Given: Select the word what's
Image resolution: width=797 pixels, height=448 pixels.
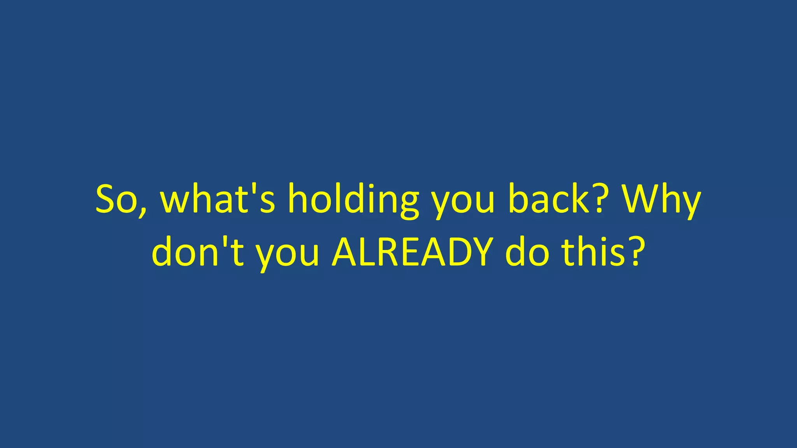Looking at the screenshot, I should point(218,199).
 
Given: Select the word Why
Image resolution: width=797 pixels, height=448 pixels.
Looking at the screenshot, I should point(660,199).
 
